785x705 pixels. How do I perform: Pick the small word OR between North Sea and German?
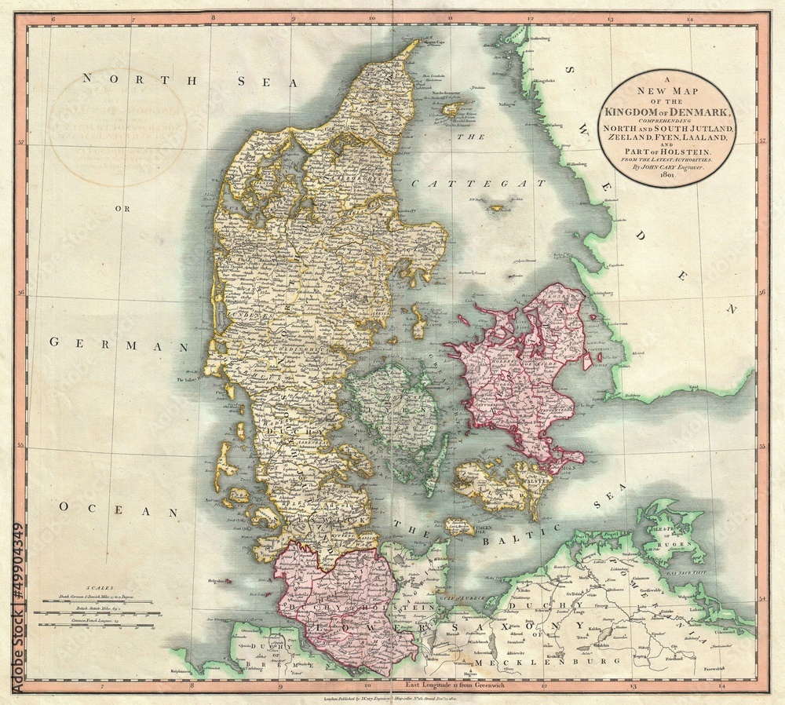click(122, 209)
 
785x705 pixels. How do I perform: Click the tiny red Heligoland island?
click(226, 582)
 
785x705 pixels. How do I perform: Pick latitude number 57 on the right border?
click(761, 143)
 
